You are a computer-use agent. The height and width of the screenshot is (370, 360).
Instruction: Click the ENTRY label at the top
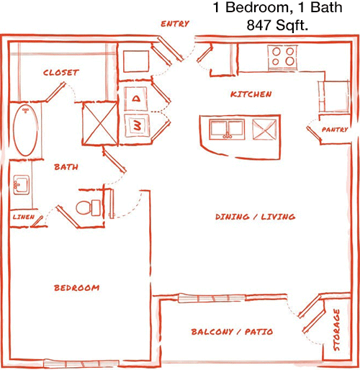tap(175, 24)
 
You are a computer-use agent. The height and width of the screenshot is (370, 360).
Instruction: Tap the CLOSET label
tap(61, 73)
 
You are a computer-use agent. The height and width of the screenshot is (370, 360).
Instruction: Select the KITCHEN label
tap(251, 94)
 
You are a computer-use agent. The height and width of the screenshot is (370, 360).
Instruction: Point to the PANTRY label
tap(335, 130)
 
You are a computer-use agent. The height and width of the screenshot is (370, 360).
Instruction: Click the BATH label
tap(66, 167)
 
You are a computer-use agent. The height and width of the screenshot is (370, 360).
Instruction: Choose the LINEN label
tap(24, 217)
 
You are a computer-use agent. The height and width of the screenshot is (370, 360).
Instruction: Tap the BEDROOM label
tap(77, 288)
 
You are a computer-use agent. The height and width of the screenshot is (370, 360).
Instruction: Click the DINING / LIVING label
tap(255, 217)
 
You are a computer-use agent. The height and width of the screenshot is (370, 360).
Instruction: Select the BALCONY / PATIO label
tap(232, 332)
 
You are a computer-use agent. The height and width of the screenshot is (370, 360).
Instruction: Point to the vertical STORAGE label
tap(337, 330)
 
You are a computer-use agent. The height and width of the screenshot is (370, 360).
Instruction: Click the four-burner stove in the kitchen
tap(283, 58)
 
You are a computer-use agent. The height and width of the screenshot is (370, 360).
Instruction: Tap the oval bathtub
tap(25, 130)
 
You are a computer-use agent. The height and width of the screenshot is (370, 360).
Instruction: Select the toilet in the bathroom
tap(89, 208)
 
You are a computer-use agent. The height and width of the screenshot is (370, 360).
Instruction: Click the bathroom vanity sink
tap(22, 185)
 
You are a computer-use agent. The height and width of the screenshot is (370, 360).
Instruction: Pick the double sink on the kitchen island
tap(227, 129)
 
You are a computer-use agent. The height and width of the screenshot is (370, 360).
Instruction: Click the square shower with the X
tap(100, 124)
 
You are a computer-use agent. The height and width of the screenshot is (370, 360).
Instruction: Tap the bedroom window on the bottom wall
tap(81, 364)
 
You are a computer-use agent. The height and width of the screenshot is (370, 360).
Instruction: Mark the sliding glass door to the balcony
tap(212, 299)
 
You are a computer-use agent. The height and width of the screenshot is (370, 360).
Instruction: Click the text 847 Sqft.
tap(277, 25)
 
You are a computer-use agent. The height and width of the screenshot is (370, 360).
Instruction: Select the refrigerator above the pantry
tap(334, 96)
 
